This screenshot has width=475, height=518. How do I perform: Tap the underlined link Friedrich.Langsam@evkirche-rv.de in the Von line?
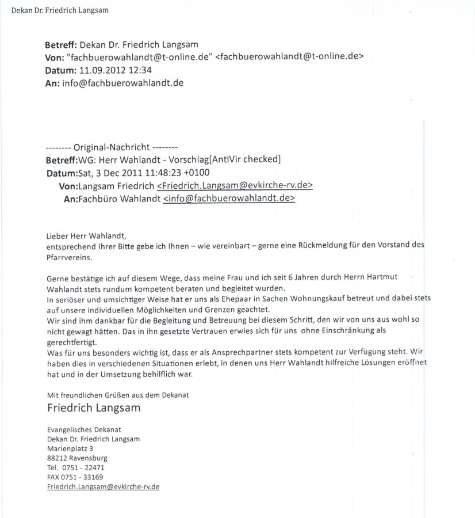click(235, 186)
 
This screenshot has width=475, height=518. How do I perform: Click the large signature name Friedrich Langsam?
click(94, 408)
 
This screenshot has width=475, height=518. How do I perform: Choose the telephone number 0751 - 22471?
click(84, 468)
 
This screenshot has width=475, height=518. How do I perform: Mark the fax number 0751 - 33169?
click(84, 477)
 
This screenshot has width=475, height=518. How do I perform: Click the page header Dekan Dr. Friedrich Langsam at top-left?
click(56, 11)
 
